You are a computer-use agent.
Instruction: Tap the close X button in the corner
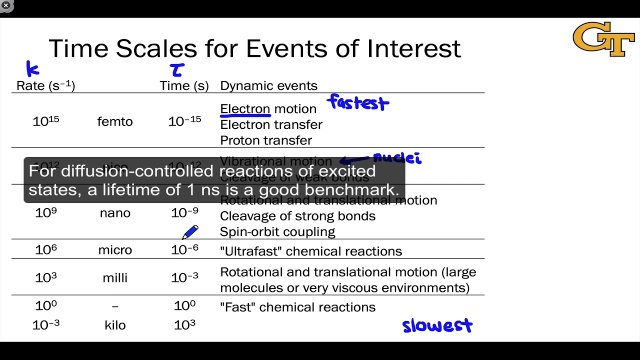(6, 5)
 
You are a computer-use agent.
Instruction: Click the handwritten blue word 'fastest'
(358, 103)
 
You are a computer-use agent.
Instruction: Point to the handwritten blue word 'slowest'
(437, 325)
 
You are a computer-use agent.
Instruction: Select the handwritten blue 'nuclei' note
(397, 158)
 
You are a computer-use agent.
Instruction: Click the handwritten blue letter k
(32, 68)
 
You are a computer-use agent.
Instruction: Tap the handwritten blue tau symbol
(177, 69)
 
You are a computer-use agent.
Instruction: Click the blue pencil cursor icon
(190, 232)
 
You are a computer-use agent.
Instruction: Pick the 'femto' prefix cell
(115, 121)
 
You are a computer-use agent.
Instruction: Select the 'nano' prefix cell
(115, 213)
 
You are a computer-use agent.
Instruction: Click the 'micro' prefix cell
(115, 250)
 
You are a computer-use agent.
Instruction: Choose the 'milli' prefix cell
(115, 277)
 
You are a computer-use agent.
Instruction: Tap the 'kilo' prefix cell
(115, 325)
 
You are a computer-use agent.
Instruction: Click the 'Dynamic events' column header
(268, 85)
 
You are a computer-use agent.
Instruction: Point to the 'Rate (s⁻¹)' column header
(45, 85)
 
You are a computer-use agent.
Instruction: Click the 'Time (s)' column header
(184, 85)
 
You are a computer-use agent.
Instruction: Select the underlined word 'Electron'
(245, 109)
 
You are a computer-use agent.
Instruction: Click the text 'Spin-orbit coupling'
(277, 232)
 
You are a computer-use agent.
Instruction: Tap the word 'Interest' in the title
(413, 48)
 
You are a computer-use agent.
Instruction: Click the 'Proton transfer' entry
(266, 140)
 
